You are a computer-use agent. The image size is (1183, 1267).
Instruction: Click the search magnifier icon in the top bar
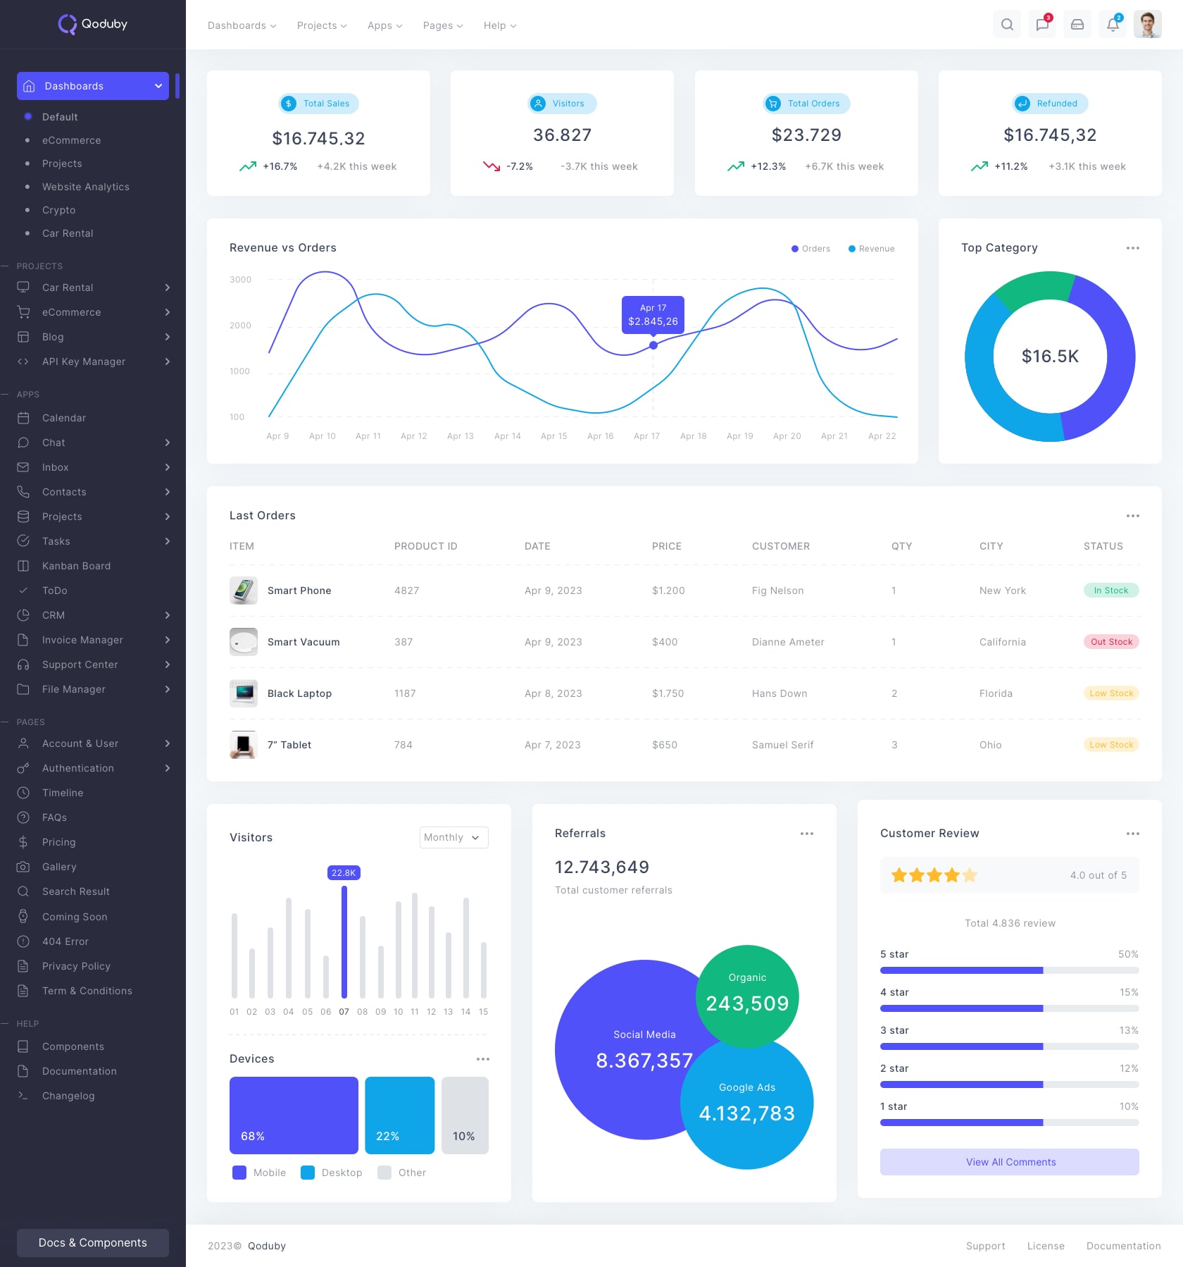point(1007,25)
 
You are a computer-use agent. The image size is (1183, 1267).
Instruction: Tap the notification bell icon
point(1113,25)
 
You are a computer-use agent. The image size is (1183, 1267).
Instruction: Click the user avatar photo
point(1147,25)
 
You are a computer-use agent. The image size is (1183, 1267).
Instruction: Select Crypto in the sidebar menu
point(58,210)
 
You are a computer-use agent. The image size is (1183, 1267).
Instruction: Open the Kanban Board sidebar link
point(76,566)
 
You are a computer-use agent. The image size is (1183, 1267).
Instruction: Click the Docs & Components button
point(93,1242)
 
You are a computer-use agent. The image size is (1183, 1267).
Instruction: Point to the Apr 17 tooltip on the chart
point(653,314)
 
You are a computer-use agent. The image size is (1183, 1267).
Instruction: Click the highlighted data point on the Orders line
point(653,345)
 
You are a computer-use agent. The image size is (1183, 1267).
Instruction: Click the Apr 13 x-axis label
point(461,436)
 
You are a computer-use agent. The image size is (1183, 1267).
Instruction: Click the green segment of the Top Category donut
point(1034,287)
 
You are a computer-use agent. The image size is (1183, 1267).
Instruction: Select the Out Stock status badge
point(1111,642)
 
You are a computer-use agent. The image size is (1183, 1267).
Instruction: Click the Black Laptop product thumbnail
point(244,693)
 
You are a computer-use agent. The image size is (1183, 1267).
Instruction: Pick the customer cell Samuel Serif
point(782,745)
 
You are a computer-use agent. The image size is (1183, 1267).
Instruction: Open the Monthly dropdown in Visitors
point(453,837)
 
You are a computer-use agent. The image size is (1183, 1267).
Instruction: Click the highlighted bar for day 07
point(344,941)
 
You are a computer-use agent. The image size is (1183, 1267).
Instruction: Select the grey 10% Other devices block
point(465,1115)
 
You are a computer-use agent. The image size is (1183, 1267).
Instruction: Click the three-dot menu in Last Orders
point(1132,516)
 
